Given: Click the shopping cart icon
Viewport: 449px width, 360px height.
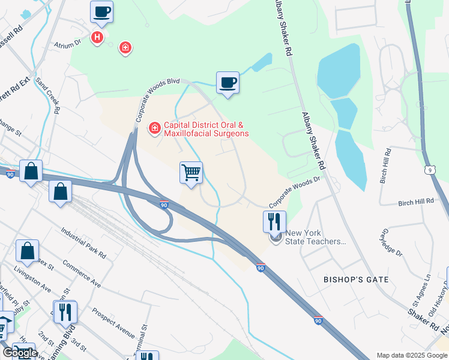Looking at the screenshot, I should (191, 173).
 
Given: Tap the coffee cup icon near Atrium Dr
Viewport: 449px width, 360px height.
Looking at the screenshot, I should (101, 12).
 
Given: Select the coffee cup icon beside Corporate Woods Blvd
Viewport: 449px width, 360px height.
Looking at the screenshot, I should (228, 83).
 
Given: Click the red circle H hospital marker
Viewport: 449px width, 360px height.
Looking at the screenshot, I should (97, 38).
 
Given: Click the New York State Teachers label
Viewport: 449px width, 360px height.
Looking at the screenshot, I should (316, 237).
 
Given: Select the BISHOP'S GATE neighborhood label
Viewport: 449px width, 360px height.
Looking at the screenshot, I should (356, 280).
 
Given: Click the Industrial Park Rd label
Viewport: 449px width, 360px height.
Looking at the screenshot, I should (84, 243).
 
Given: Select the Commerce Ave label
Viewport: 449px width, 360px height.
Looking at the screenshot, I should (81, 274).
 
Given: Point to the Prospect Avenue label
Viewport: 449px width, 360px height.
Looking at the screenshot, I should (113, 322).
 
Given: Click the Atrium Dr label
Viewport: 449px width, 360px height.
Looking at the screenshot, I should (68, 44).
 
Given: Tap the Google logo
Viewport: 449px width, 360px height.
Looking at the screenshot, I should (19, 352).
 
